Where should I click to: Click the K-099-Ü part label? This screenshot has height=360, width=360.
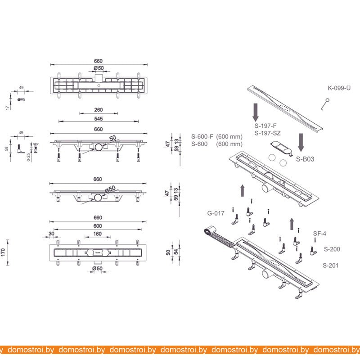(339, 88)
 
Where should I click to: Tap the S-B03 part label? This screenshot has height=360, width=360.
(305, 159)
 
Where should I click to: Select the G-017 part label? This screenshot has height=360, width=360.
(216, 213)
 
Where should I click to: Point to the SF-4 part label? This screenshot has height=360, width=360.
(319, 234)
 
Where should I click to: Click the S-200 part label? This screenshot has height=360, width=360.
(332, 249)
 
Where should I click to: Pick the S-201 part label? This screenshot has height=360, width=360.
(331, 265)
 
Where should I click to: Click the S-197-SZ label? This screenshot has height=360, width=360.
(267, 133)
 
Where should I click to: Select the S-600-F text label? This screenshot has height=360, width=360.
(202, 137)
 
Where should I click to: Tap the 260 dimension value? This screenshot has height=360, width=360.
(99, 110)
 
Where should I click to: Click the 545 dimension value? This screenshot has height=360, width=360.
(99, 119)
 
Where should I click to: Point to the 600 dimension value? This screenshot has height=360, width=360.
(98, 226)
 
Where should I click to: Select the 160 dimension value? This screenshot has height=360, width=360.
(97, 234)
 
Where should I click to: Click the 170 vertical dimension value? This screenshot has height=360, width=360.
(3, 252)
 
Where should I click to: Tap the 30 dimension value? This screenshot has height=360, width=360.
(51, 234)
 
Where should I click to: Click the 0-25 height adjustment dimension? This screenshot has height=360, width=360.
(28, 157)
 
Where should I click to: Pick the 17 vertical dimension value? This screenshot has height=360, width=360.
(7, 108)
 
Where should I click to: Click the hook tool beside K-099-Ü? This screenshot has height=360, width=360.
(325, 104)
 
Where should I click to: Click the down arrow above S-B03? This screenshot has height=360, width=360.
(301, 142)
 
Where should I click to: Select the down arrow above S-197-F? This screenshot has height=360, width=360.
(256, 112)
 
